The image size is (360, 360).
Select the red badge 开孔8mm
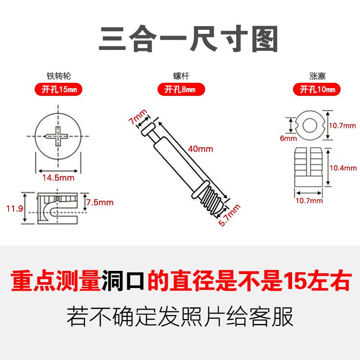[179, 90]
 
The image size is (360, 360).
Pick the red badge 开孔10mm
[317, 90]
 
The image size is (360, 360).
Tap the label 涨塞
[317, 76]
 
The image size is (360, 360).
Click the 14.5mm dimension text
[58, 178]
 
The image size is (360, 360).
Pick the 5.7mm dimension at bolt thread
[230, 216]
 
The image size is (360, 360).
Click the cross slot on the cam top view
[58, 135]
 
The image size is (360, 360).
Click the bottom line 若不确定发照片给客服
[180, 316]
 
